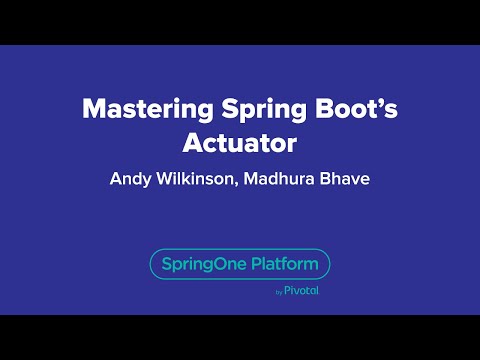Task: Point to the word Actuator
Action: [240, 142]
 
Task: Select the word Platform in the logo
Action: [285, 265]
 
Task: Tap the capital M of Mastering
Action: [92, 109]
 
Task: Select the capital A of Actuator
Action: [192, 142]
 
